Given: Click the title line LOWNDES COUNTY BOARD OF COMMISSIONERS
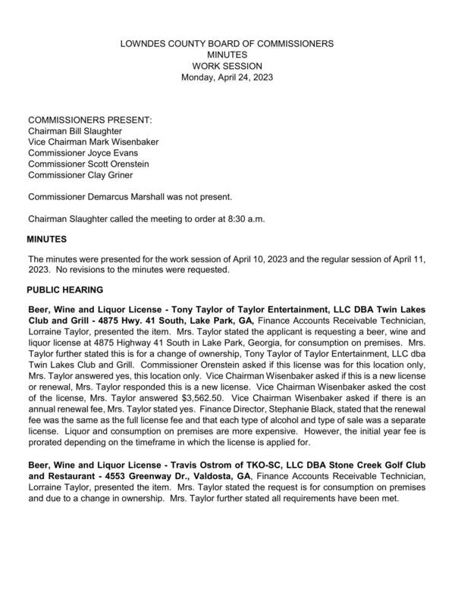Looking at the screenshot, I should pyautogui.click(x=227, y=45).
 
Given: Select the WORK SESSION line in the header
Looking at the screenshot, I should pyautogui.click(x=227, y=66).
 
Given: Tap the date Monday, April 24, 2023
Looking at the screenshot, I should pyautogui.click(x=227, y=77).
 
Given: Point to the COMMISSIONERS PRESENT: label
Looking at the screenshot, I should pyautogui.click(x=89, y=121).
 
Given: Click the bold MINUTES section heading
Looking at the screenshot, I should pyautogui.click(x=48, y=240).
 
